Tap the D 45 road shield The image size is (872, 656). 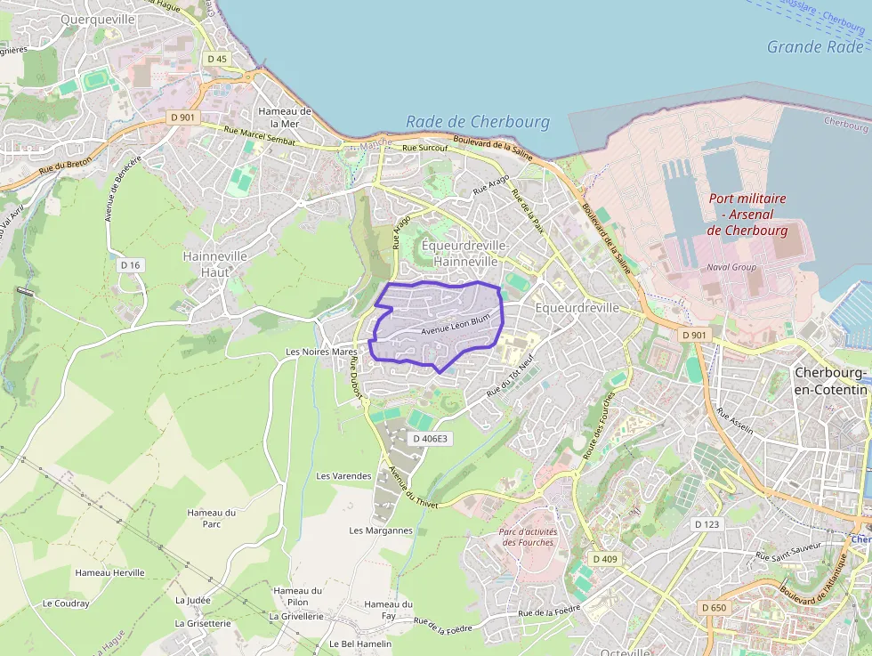coord(216,59)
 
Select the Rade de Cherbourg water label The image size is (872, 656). coord(478,122)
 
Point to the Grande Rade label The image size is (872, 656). coord(814,47)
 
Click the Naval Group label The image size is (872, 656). coord(731,266)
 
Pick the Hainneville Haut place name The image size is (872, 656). coord(214,263)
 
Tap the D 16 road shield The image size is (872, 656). coord(131,265)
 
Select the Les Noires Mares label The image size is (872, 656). coord(321,352)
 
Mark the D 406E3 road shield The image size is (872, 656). coord(432,439)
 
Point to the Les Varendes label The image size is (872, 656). coord(343,476)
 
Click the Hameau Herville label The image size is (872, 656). coord(110,572)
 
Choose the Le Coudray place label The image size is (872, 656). coord(66,603)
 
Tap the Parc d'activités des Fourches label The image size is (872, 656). coord(529,537)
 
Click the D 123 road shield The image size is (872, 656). coord(706,524)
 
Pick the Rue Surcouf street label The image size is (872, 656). coord(424,149)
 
